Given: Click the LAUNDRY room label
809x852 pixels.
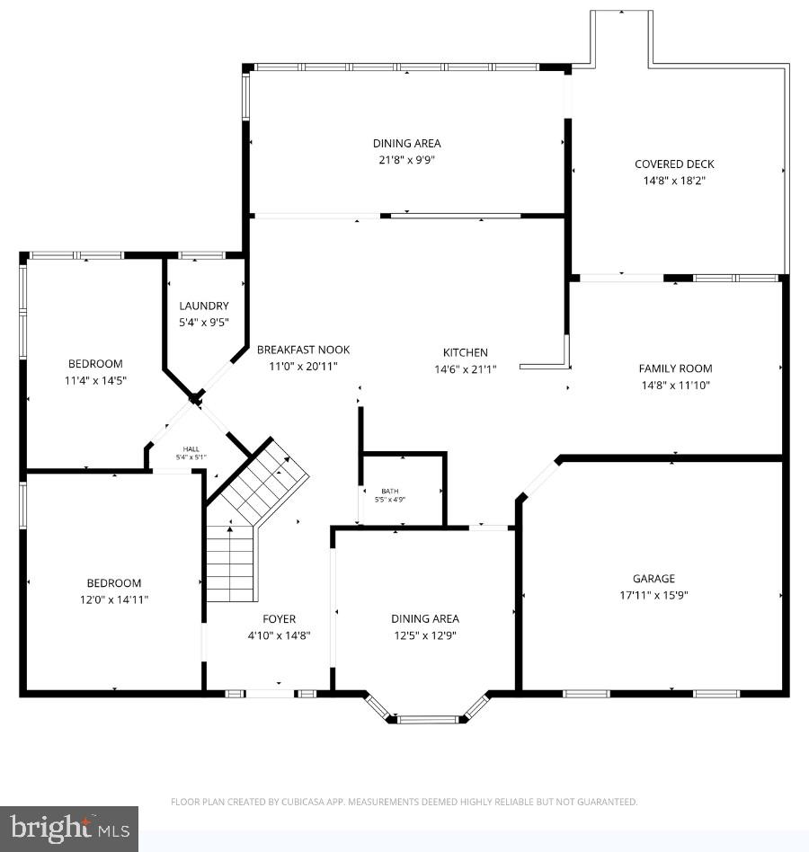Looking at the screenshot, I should click(x=203, y=306).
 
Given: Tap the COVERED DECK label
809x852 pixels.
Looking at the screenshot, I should click(x=674, y=164).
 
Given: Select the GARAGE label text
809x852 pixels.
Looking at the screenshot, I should click(x=653, y=579).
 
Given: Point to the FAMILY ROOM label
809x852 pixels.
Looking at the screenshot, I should click(x=675, y=368).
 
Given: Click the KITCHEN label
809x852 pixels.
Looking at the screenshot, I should click(x=465, y=352).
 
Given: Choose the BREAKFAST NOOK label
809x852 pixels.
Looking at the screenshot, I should click(x=303, y=350).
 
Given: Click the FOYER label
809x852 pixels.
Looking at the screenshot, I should click(x=279, y=618).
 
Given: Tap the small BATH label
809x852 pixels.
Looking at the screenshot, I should click(x=388, y=491).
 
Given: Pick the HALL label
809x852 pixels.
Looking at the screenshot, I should click(x=191, y=448).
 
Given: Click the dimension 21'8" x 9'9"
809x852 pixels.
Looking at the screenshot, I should click(x=407, y=160).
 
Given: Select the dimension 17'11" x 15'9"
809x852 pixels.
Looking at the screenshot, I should click(x=653, y=595).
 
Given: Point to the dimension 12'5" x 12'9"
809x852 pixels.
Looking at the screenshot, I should click(x=424, y=635).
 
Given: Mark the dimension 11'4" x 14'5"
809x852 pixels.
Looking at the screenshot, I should click(x=95, y=380).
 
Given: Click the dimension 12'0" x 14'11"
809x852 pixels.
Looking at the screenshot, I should click(x=113, y=599).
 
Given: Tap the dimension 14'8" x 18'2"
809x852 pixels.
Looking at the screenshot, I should click(x=674, y=180).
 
